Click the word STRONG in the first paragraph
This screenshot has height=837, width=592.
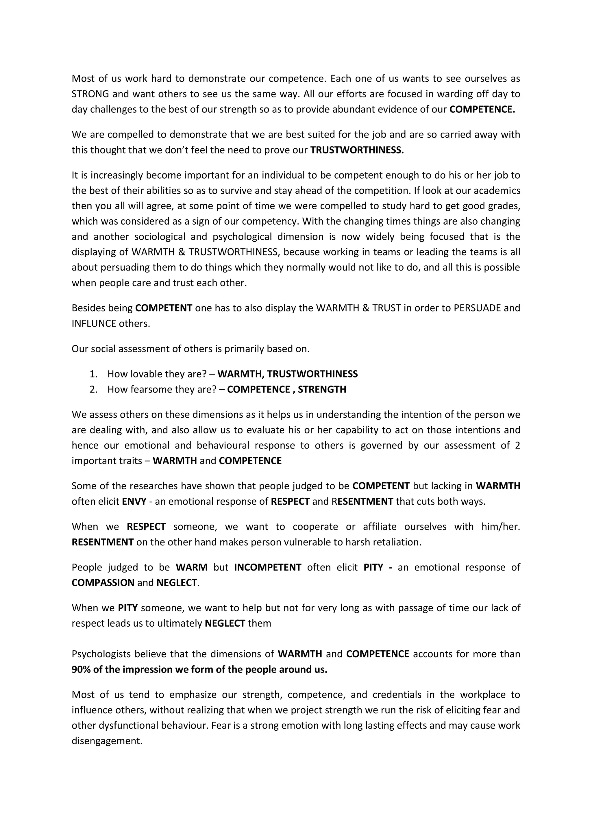[90, 94]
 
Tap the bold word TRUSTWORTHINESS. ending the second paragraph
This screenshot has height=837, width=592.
[357, 150]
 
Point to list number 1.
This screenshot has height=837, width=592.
[94, 374]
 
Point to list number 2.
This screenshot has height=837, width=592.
[94, 390]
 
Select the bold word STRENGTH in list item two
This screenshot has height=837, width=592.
[322, 390]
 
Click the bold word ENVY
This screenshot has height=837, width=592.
[134, 502]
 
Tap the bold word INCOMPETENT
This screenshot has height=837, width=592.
[268, 568]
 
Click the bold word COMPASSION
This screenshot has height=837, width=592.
[103, 583]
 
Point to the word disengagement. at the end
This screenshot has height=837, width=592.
[107, 741]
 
